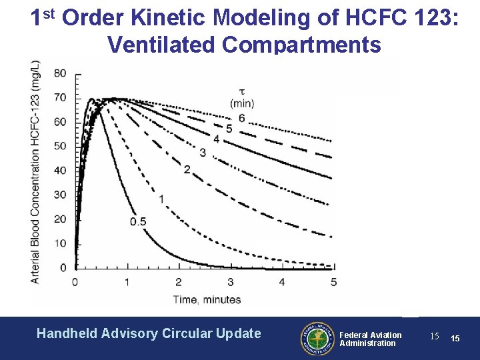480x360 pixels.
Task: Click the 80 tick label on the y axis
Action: click(60, 73)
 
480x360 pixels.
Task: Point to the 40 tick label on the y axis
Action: click(60, 170)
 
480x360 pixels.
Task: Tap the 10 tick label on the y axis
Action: click(60, 243)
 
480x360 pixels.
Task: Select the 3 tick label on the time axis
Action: click(230, 283)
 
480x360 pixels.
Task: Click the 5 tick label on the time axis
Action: click(333, 283)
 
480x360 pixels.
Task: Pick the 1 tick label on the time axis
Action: click(127, 283)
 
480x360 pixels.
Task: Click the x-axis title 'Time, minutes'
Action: click(207, 299)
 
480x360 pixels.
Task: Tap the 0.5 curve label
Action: click(138, 221)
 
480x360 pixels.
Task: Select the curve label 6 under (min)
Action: click(241, 118)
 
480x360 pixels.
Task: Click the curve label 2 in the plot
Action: click(187, 170)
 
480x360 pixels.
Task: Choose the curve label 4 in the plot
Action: click(216, 139)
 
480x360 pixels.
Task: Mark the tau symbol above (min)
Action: click(241, 91)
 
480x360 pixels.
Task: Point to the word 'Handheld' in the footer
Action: click(67, 333)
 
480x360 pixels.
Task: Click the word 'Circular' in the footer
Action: click(189, 333)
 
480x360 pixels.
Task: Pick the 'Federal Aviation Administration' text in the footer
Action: click(371, 339)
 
